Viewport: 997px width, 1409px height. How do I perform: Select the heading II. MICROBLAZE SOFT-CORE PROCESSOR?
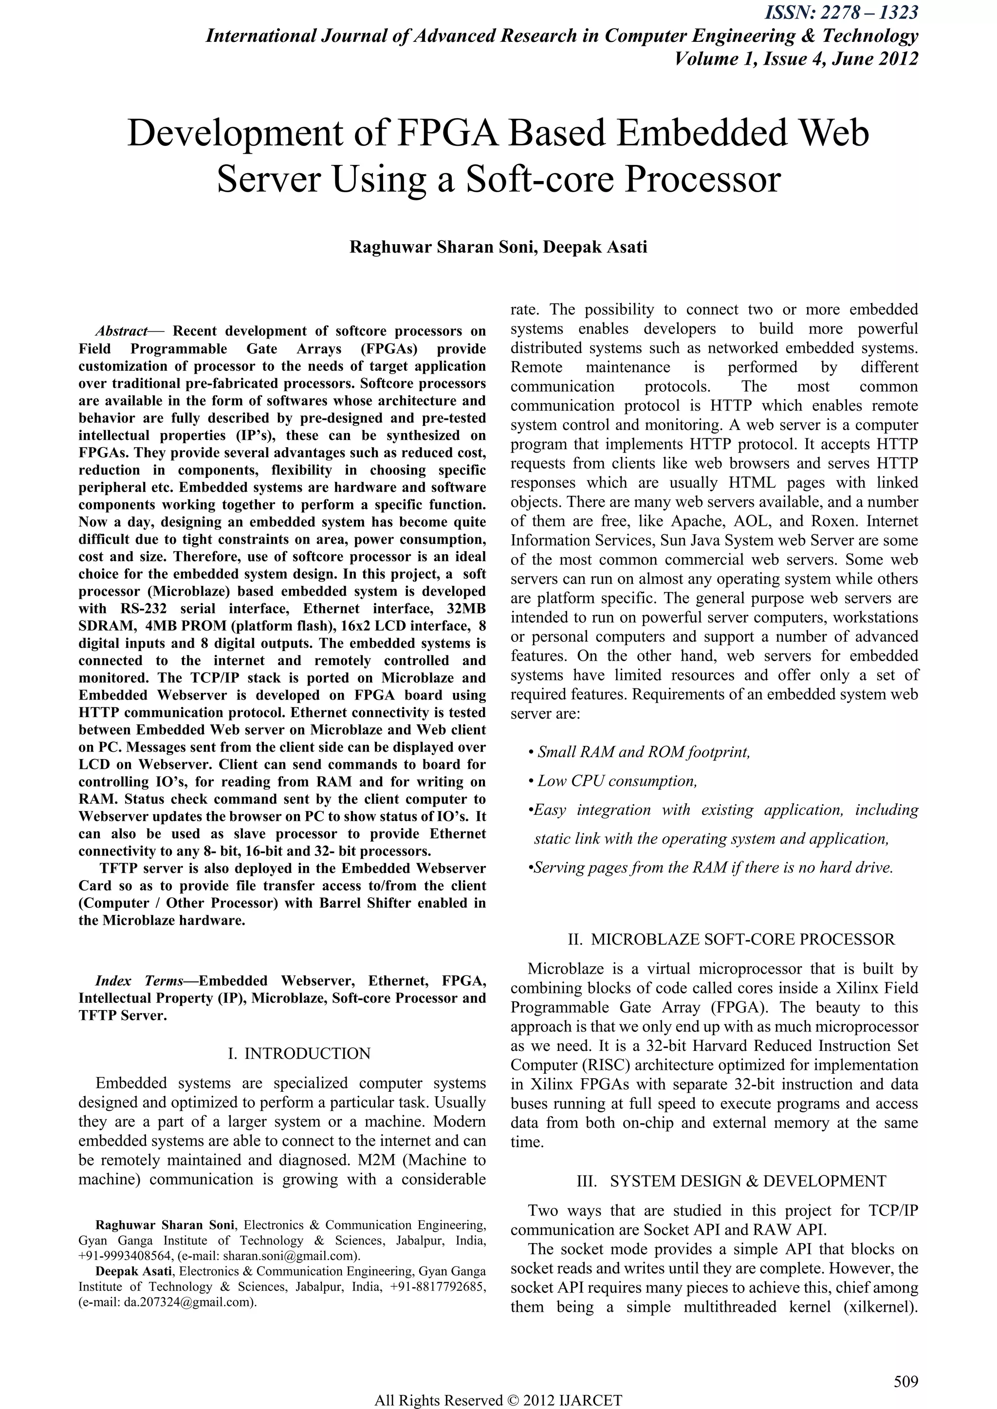(x=713, y=939)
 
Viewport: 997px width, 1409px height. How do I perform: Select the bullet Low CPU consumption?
(x=616, y=781)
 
